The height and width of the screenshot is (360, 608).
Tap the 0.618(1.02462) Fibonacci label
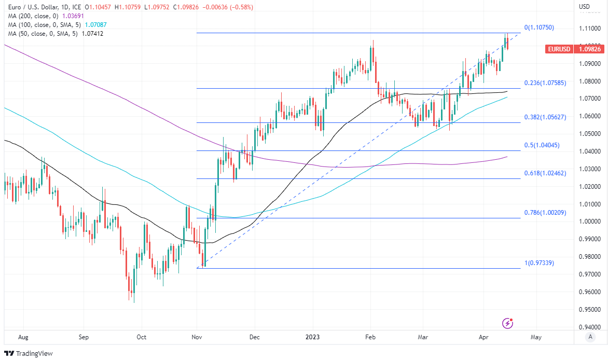point(545,173)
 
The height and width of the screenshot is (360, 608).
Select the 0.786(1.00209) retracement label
point(545,213)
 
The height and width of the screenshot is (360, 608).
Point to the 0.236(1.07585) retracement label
point(545,83)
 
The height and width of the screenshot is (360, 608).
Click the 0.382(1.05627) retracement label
point(545,117)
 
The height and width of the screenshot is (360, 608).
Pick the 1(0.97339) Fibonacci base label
point(539,263)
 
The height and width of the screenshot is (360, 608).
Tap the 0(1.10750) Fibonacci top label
point(539,27)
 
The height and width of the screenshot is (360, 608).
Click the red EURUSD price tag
point(559,49)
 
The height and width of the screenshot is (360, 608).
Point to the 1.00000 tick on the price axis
point(590,221)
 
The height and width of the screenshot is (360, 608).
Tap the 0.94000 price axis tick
point(590,327)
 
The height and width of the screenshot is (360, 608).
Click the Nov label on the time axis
point(197,337)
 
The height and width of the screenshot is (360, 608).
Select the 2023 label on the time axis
point(312,337)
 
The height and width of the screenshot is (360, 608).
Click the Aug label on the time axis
point(23,337)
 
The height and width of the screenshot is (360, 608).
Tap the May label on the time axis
point(536,337)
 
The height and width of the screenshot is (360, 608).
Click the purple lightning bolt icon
point(508,323)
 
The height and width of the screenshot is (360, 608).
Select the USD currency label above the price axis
point(584,7)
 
